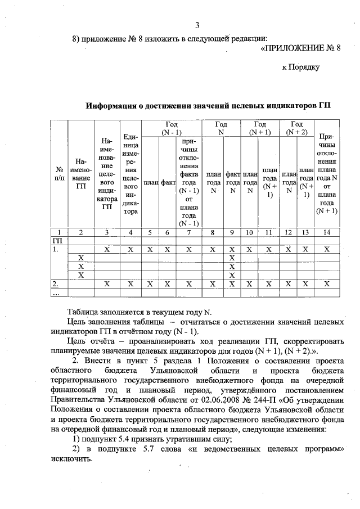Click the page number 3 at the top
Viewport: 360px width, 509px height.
[197, 24]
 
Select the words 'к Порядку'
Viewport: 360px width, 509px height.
[300, 67]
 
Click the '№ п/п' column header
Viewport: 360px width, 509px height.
[59, 174]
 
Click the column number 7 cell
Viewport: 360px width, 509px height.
[189, 232]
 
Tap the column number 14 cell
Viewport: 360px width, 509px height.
[326, 232]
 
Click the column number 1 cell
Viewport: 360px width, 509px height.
[59, 232]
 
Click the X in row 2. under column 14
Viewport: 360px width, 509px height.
[326, 284]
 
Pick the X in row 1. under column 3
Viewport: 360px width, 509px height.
[107, 249]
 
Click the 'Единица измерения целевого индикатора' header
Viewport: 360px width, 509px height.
[130, 174]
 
